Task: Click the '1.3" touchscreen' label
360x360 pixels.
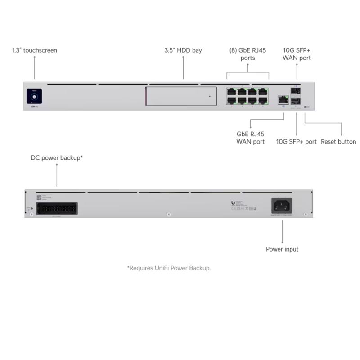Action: (34, 50)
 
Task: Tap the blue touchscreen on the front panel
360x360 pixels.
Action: (35, 95)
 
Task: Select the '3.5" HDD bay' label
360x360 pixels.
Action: (183, 50)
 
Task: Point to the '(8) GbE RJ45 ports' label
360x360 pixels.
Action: (247, 54)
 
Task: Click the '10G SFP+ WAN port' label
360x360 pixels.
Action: (297, 54)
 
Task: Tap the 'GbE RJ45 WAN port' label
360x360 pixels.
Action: (250, 138)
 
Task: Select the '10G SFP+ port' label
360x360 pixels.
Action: (296, 142)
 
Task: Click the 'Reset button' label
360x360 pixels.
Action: (338, 142)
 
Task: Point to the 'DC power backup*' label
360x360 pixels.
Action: (57, 158)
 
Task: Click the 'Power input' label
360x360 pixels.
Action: (282, 249)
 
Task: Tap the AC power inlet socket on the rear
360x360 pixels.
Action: (281, 206)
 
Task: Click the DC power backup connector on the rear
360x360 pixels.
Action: (57, 208)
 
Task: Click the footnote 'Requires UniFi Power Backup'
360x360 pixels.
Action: (169, 268)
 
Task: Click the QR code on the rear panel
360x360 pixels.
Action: (39, 197)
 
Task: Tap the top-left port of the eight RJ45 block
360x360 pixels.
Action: (232, 91)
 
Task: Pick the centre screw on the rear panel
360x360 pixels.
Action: (168, 214)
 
